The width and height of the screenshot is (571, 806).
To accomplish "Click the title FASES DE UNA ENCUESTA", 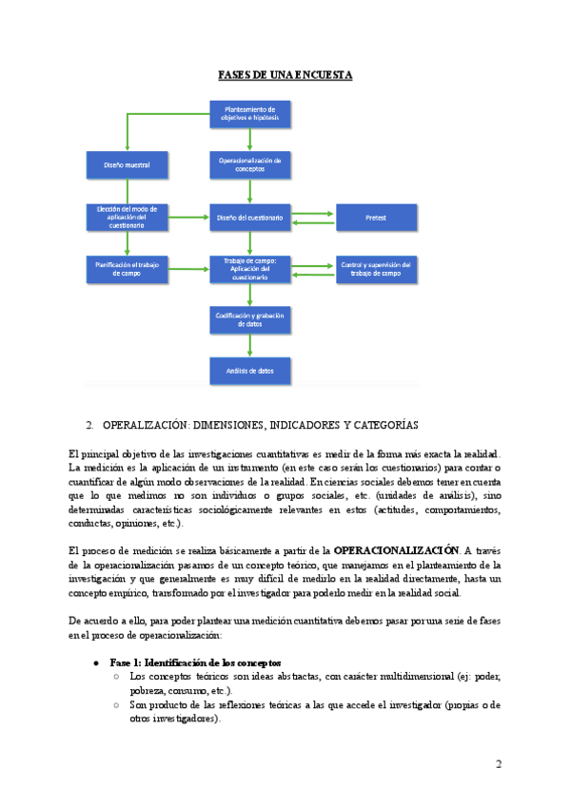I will point(285,74).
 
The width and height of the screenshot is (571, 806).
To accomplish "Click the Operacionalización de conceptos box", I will point(249,165).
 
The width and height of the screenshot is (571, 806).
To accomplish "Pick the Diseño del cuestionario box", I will point(249,219).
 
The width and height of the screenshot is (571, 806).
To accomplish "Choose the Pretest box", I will point(375,219).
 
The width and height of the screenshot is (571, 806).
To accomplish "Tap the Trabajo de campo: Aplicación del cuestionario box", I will point(249,269).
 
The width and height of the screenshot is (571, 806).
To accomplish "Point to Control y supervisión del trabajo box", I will point(375,269).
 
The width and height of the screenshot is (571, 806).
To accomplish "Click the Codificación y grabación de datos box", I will point(249,319).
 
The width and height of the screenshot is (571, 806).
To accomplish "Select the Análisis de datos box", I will point(249,371).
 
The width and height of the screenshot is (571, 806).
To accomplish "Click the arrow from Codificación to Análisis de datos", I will point(249,345).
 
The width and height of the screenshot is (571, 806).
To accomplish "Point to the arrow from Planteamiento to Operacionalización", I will point(249,140).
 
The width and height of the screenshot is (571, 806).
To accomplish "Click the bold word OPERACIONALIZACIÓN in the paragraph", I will point(398,549).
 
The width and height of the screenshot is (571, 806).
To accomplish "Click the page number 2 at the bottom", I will point(499,765).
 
